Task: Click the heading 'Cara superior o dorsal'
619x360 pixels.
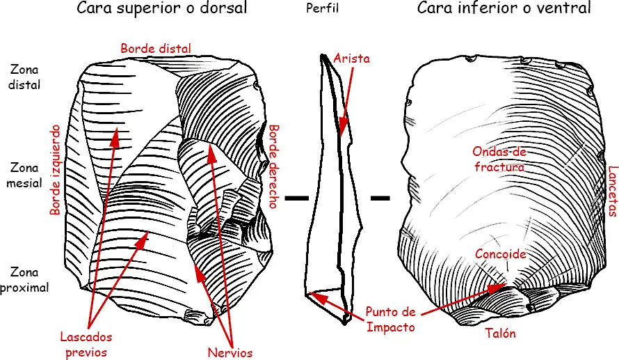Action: (x=162, y=9)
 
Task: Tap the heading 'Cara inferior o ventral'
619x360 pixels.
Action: (x=504, y=9)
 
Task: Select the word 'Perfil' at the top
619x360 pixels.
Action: (x=322, y=10)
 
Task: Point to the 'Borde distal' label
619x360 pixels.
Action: (x=156, y=49)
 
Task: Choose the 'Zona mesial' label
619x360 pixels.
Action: (x=26, y=175)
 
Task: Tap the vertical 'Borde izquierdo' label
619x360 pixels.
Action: (x=56, y=170)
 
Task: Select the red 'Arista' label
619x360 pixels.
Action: (x=351, y=59)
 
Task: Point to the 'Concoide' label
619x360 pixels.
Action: (x=500, y=255)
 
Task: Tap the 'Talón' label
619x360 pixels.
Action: (x=501, y=334)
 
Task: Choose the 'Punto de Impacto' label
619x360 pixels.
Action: (x=391, y=319)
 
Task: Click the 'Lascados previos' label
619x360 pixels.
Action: (x=86, y=344)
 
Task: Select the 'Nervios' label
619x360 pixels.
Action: (x=230, y=352)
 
